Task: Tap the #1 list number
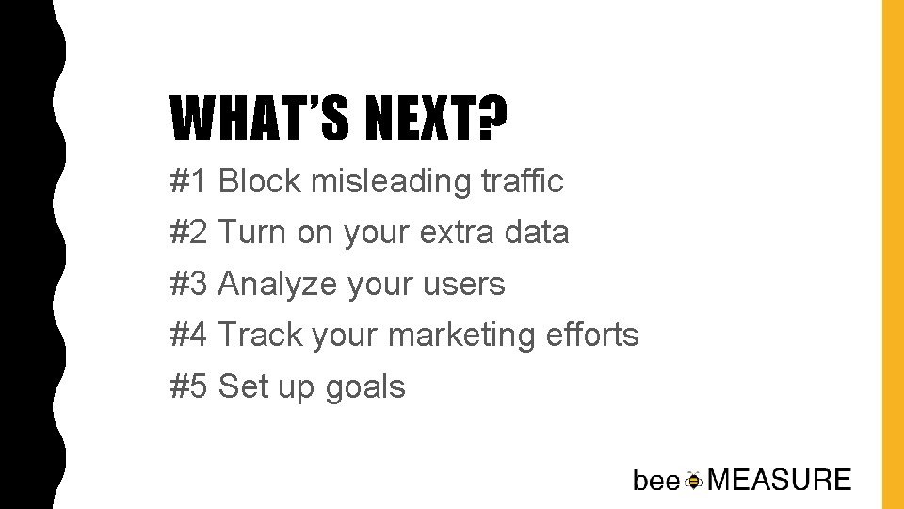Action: point(190,181)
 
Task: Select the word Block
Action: point(260,181)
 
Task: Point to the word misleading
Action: point(393,181)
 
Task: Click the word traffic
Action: point(524,181)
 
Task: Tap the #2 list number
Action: point(190,232)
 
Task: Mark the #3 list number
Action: point(190,284)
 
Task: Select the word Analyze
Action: point(278,285)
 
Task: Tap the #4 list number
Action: point(190,335)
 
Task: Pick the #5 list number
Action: point(190,386)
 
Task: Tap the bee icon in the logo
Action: point(694,481)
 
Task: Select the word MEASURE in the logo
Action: point(779,480)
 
